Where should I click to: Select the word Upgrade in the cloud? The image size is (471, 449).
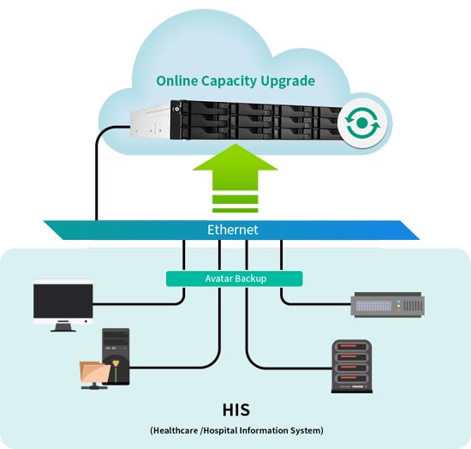point(288,81)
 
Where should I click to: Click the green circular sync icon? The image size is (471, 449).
point(362,123)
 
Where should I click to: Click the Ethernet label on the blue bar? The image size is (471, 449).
point(232,230)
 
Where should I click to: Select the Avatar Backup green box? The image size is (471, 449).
point(235,278)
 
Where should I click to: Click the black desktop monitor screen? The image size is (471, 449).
point(63,302)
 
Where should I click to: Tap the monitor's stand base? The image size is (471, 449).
point(63,326)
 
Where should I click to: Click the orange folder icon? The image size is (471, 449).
point(94,372)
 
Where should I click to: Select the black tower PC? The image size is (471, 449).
point(116,356)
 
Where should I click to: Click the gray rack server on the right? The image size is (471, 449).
point(388,304)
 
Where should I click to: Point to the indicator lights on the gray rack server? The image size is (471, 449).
point(399,306)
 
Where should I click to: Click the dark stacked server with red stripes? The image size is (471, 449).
point(352,367)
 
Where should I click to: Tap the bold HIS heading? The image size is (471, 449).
point(236,410)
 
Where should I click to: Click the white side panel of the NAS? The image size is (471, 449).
point(150,122)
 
